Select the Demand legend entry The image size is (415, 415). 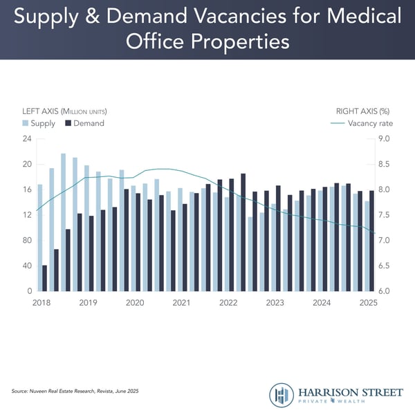point(88,123)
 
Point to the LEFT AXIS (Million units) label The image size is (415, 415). point(65,111)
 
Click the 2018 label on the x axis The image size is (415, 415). point(41,303)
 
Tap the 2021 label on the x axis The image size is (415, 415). point(181,303)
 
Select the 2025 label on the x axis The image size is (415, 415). point(367,303)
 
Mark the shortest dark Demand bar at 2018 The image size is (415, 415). point(45,277)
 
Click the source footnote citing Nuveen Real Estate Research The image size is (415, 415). point(75,391)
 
